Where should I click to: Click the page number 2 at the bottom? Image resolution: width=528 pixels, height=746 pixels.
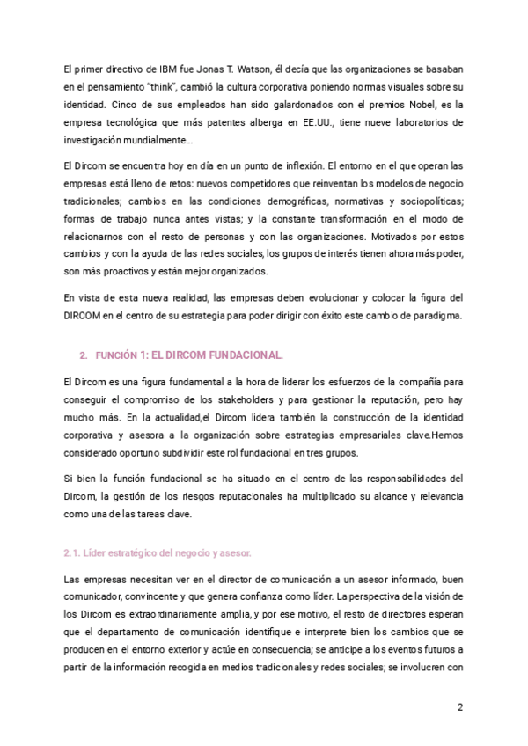pos(459,707)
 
